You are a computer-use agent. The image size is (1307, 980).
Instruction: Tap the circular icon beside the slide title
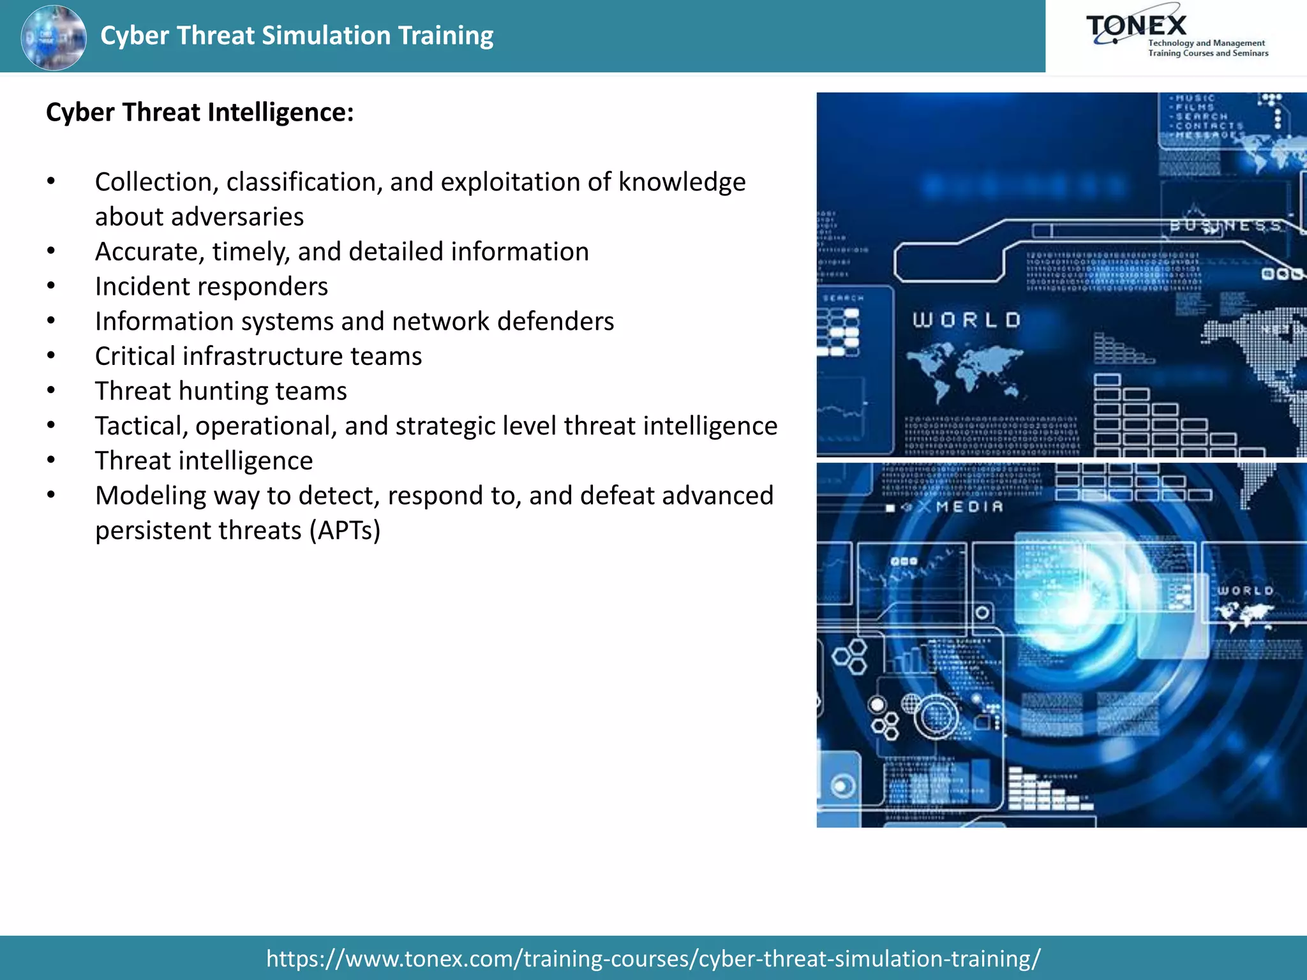click(x=54, y=37)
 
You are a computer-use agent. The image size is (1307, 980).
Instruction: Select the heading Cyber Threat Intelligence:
click(x=200, y=112)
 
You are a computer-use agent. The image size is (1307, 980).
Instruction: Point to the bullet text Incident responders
click(x=211, y=286)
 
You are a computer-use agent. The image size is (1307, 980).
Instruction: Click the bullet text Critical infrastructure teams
click(x=258, y=356)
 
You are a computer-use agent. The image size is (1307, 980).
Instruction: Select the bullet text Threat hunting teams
click(x=221, y=391)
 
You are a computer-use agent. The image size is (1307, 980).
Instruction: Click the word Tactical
click(x=141, y=426)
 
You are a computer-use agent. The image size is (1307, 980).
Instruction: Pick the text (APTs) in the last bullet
click(x=345, y=531)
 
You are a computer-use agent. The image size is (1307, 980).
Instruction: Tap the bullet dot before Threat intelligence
click(x=51, y=460)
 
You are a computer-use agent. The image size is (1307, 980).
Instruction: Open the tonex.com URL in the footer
click(x=653, y=958)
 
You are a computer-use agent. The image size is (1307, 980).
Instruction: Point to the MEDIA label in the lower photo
click(x=969, y=507)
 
